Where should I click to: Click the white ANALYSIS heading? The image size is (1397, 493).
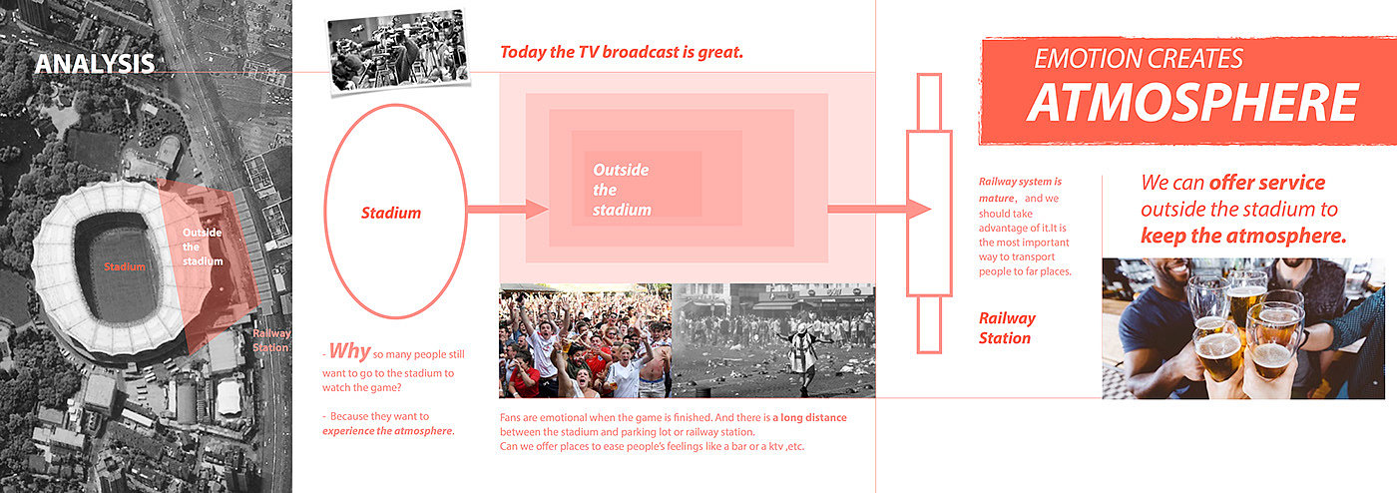[95, 64]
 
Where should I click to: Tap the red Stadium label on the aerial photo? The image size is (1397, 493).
[124, 266]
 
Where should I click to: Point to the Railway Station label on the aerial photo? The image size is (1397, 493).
[271, 340]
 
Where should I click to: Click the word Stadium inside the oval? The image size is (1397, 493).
[391, 213]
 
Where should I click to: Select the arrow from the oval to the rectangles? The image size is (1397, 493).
[508, 209]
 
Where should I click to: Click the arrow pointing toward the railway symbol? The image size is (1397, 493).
[879, 209]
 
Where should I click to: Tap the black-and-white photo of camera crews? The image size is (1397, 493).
[398, 51]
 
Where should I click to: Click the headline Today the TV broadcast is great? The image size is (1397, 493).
[621, 52]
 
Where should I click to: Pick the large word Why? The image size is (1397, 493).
[350, 350]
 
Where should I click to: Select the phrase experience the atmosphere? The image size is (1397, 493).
[388, 431]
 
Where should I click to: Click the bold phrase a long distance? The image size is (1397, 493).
[809, 417]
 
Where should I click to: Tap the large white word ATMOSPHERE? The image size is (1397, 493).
[1192, 103]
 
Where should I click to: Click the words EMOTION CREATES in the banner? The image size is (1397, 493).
[1139, 59]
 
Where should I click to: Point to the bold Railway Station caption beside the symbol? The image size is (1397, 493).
[1007, 328]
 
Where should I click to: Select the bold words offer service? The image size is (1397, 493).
[1267, 183]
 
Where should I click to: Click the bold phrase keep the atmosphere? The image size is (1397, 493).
[1243, 236]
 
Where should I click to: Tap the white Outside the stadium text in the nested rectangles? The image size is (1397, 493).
[621, 190]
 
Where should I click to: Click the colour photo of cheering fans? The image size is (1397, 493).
[585, 340]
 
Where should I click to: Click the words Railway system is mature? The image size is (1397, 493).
[1020, 190]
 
